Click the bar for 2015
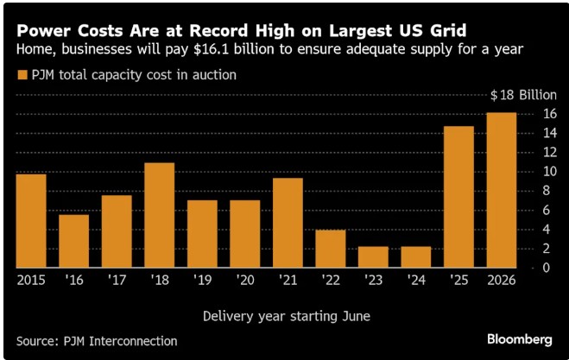31,221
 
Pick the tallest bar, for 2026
501,190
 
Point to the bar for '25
458,197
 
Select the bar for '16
74,241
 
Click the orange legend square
22,75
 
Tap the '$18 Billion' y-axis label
522,95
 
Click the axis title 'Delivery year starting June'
286,316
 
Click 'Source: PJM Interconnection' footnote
97,340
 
